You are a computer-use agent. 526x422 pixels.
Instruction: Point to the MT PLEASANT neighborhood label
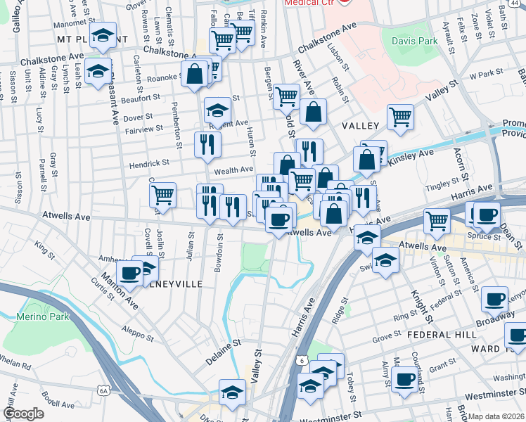click(x=73, y=38)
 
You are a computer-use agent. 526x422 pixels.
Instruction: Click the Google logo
click(x=24, y=414)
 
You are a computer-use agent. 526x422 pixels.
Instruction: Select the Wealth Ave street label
click(x=233, y=170)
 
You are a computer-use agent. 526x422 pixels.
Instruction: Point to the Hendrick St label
click(x=149, y=162)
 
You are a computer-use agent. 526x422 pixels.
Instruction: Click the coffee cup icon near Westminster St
click(x=404, y=380)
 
